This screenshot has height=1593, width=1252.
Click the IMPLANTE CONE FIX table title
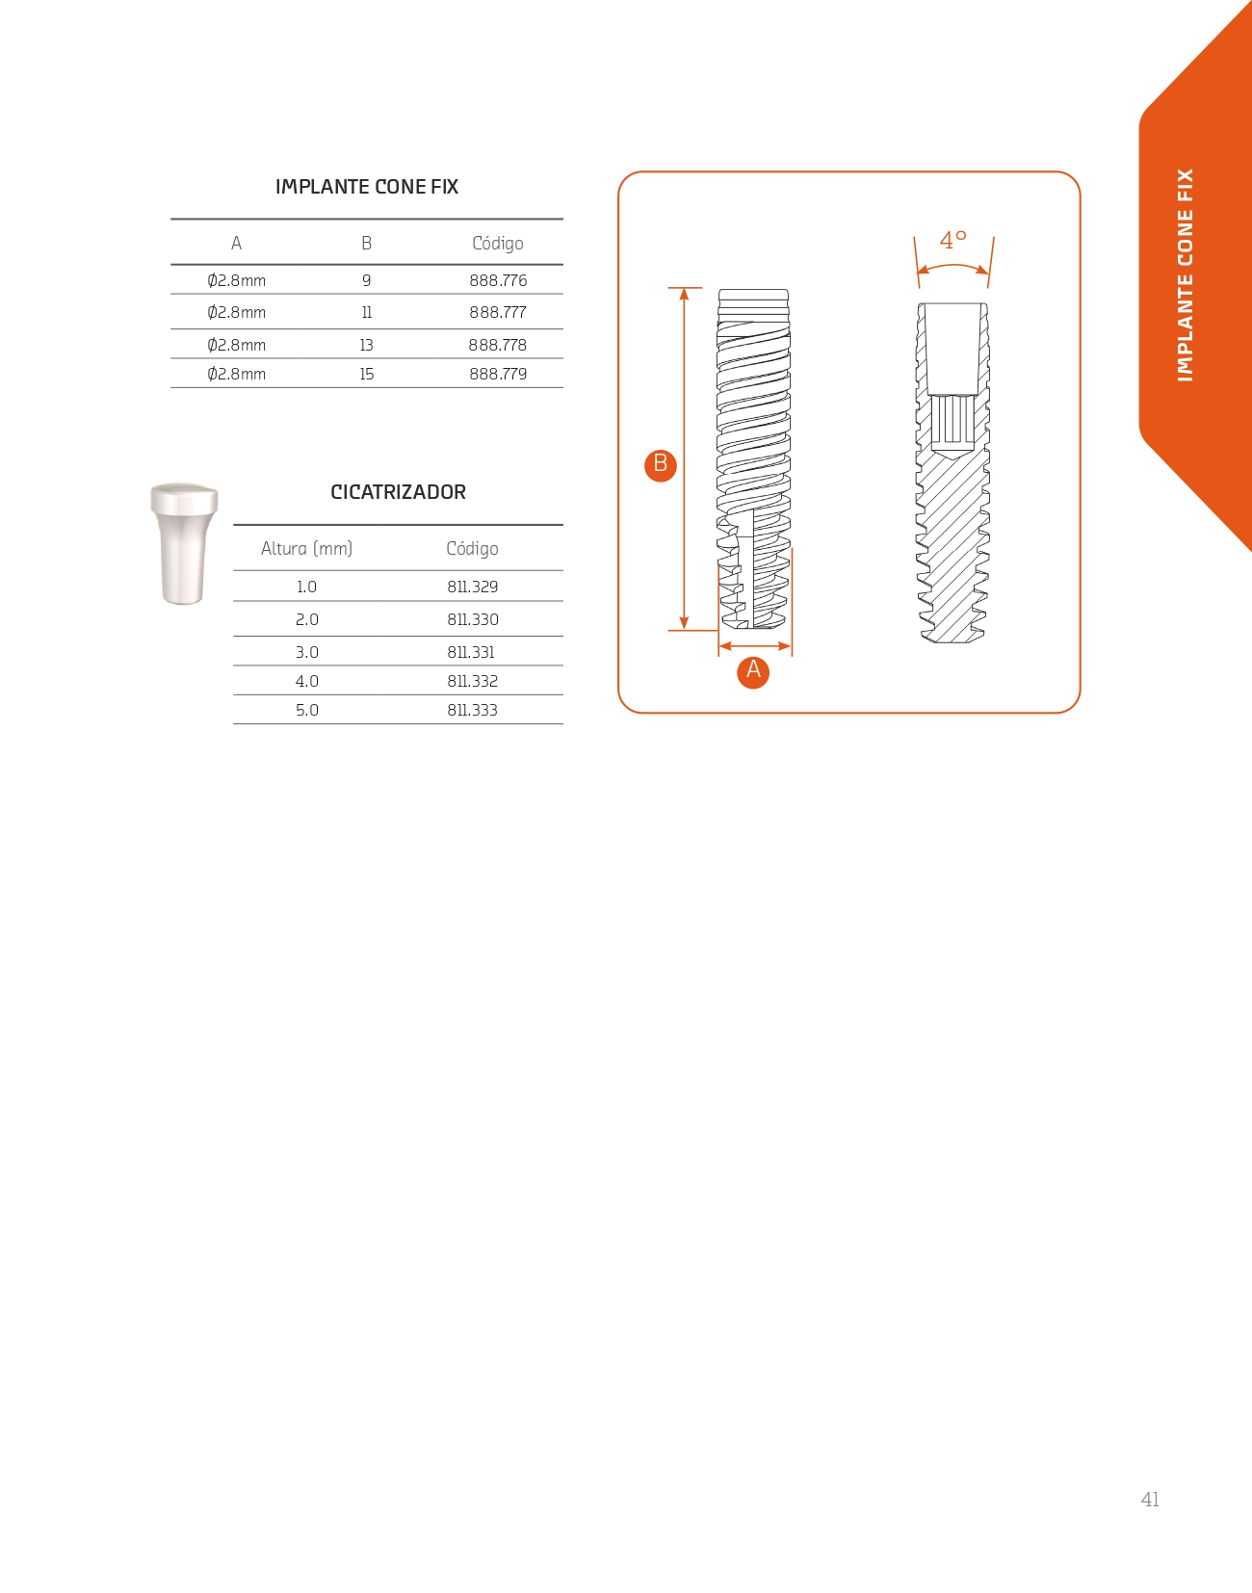tap(367, 187)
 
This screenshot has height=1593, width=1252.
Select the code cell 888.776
tap(498, 280)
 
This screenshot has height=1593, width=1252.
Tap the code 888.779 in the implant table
tap(498, 374)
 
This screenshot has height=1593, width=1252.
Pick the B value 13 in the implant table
tap(366, 345)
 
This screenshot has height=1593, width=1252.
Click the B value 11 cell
tap(366, 312)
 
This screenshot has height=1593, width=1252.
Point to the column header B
tap(366, 244)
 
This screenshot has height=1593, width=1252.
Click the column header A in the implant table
tap(236, 244)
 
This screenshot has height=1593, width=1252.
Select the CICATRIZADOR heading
tap(398, 492)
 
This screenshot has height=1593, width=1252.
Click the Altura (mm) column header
tap(306, 548)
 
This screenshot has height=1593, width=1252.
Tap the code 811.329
tap(472, 587)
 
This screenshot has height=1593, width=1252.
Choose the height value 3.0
tap(306, 652)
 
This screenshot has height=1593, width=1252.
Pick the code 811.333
tap(472, 710)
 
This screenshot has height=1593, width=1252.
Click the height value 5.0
tap(306, 710)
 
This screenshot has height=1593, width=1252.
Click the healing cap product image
tap(184, 543)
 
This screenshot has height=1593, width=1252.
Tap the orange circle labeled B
tap(661, 464)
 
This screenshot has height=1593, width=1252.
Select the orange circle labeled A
tap(753, 671)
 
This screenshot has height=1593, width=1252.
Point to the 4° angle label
tap(952, 241)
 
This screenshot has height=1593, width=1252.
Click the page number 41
tap(1150, 1499)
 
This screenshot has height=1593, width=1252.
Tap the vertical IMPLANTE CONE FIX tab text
tap(1186, 275)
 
